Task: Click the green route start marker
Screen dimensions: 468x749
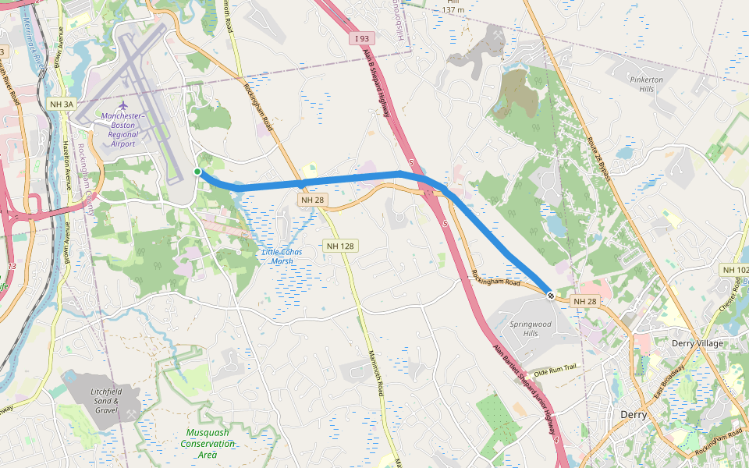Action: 197,172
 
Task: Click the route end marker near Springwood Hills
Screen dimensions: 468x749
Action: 551,296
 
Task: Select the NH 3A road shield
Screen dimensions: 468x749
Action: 61,104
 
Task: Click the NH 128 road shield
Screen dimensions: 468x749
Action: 341,246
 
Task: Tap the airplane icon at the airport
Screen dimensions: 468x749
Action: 122,105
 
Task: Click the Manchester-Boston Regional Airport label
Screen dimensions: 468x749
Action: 122,129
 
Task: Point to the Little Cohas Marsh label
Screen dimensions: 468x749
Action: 282,256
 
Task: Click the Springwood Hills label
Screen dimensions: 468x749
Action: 530,328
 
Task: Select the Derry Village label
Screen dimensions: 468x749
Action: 698,343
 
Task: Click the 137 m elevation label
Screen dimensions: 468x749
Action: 453,9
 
